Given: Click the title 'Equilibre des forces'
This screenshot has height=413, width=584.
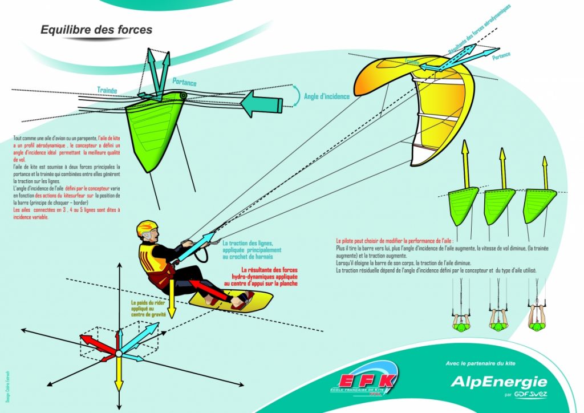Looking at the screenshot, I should pos(96,30).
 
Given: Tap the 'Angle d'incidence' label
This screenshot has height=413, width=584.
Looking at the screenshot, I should pos(327,96).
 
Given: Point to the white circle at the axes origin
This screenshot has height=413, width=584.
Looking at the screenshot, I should pos(119,354).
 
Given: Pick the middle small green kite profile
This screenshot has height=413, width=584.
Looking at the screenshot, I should pos(499,200).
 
